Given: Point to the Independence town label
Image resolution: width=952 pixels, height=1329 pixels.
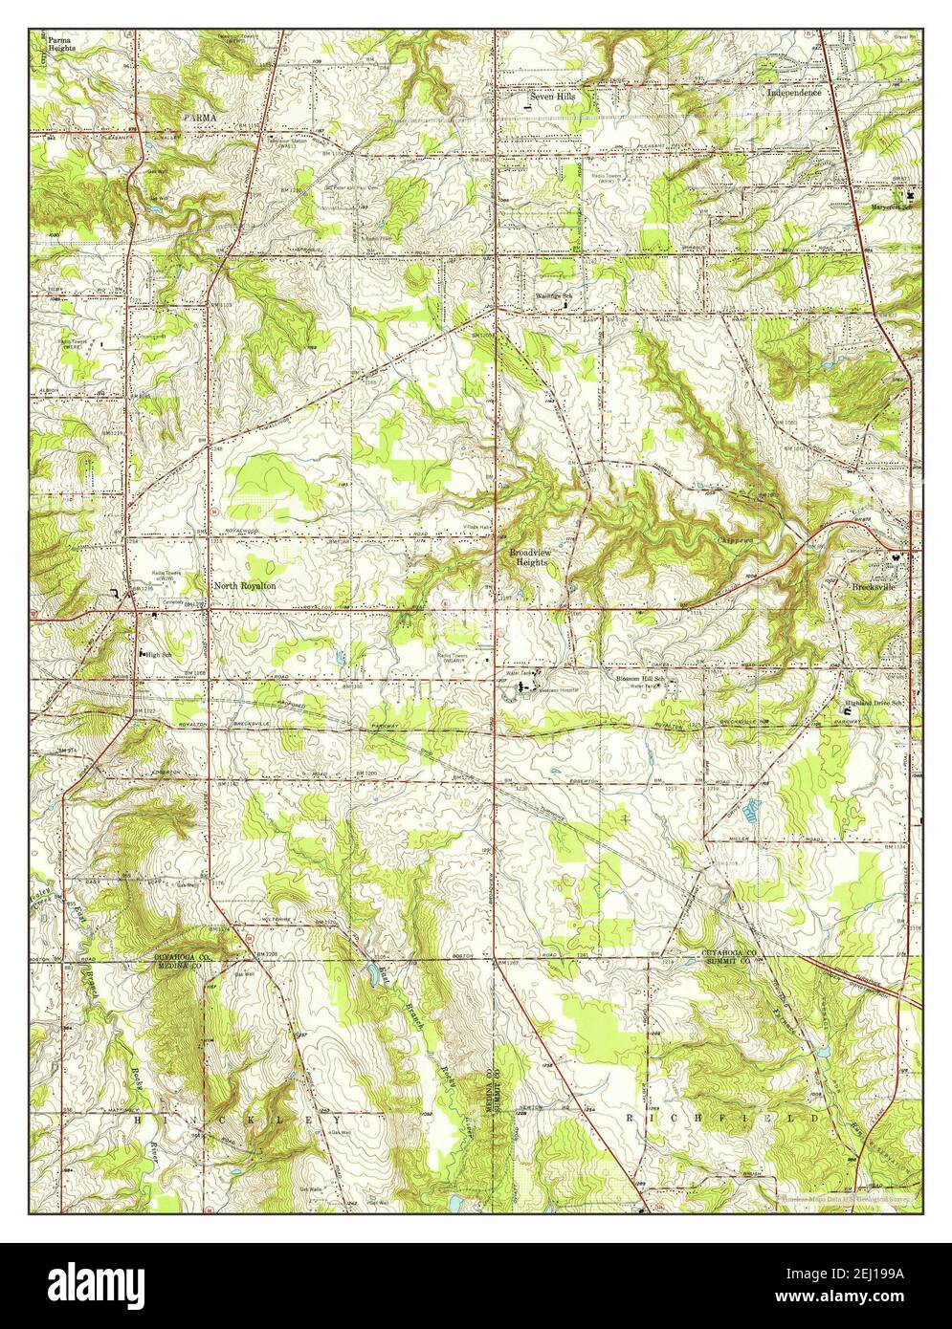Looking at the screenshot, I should pos(794,94).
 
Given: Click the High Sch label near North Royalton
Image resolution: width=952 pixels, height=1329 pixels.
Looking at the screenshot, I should pos(155,653).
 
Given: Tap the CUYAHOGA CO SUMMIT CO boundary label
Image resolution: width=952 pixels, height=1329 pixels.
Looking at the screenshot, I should pos(743,956).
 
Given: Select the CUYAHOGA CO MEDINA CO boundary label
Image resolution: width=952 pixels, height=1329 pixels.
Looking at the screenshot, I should pos(172,960).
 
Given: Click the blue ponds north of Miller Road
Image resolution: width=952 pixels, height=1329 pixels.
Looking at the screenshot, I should pos(751,811).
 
